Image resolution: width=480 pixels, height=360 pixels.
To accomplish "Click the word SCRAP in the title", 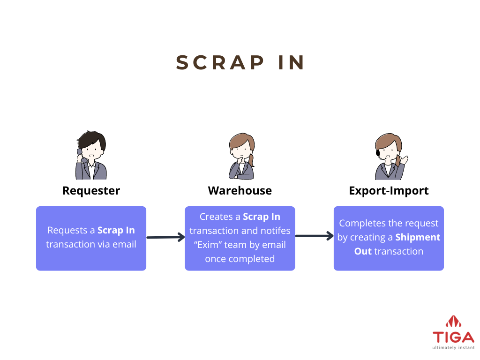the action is [x=220, y=63].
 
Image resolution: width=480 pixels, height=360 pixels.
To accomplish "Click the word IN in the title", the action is [x=291, y=63].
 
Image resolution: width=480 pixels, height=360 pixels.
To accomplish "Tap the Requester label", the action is [x=91, y=191].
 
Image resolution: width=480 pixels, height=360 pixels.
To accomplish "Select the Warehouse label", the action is [x=240, y=191].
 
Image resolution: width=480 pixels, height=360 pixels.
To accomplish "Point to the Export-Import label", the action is [x=389, y=191].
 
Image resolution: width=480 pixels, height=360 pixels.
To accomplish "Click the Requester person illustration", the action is [x=91, y=155].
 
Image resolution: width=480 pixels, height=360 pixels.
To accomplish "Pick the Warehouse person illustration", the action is [x=242, y=156].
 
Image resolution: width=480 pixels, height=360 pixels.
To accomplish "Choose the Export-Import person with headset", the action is [x=390, y=157].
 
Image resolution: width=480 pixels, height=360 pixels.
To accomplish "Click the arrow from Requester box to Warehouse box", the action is [x=165, y=237].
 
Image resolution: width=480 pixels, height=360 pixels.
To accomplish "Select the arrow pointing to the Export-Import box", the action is [x=315, y=236].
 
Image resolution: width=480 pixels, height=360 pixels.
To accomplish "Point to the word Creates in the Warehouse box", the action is [x=216, y=217].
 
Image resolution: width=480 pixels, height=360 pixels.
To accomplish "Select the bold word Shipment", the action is [x=418, y=237].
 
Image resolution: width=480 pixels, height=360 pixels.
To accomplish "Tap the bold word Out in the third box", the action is [x=363, y=251].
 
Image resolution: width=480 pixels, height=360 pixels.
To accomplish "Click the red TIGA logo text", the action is [x=453, y=337].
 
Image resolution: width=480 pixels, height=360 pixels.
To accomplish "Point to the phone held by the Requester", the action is [x=80, y=153].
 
